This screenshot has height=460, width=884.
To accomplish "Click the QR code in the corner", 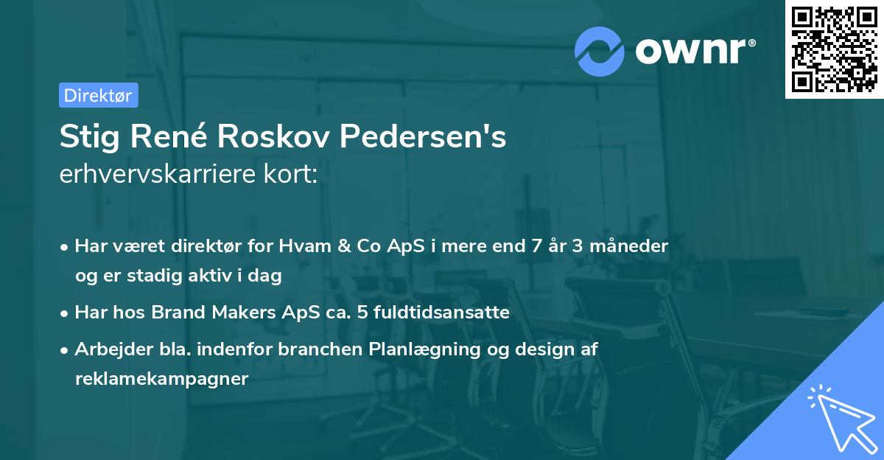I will click(x=834, y=49).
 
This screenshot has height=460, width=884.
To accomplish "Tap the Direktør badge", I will click(x=98, y=95).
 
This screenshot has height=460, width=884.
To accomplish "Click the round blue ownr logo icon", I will click(x=600, y=51).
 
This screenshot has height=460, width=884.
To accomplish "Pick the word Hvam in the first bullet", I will click(x=290, y=246).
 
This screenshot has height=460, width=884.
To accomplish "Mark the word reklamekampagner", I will click(x=161, y=379).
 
